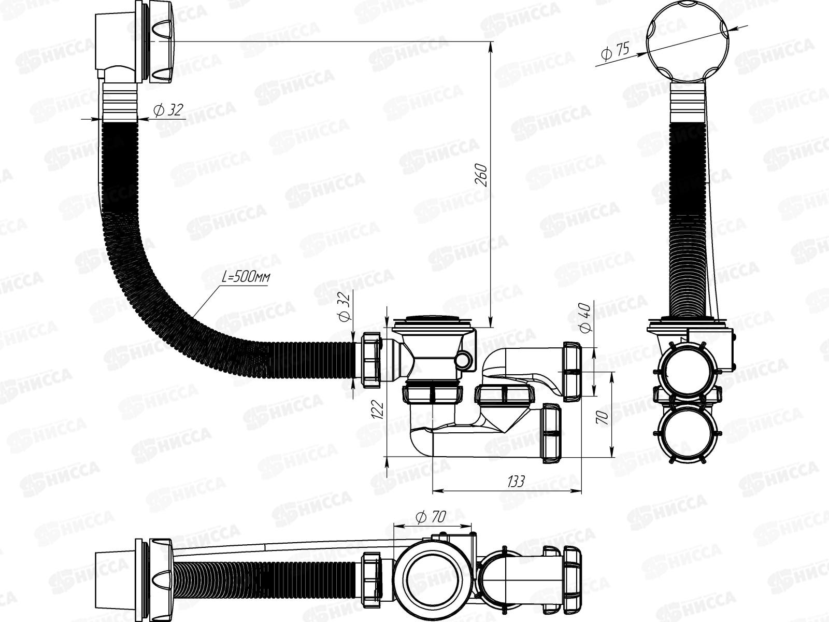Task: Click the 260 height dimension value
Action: tap(481, 175)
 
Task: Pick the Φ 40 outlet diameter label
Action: tap(585, 317)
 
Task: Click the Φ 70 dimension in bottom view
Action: tap(431, 517)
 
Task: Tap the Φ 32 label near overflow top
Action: tap(168, 109)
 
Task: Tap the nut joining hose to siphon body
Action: tap(372, 360)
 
